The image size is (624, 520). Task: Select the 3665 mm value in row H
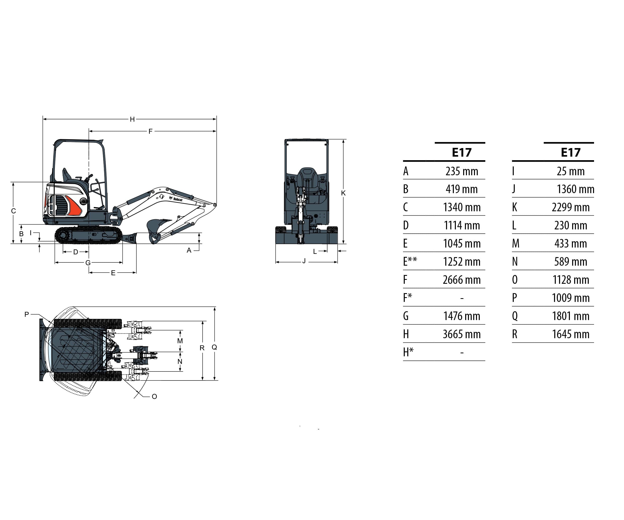coord(461,334)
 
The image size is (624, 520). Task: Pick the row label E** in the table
coord(410,262)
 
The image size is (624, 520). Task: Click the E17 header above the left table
coord(461,153)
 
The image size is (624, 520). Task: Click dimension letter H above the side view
coord(132,119)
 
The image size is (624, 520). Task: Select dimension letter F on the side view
coord(150,131)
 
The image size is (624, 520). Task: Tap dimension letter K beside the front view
coord(343,193)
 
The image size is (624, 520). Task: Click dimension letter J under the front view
coord(304,261)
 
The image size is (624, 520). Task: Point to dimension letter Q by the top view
coord(214,347)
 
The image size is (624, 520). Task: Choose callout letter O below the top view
coord(154,396)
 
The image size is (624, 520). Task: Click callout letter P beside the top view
coord(27,314)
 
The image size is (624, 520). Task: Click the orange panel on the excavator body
coord(74,206)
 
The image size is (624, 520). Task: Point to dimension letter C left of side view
coord(13,211)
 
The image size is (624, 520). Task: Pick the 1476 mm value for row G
coord(461,316)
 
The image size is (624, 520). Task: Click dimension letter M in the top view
coord(180,341)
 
